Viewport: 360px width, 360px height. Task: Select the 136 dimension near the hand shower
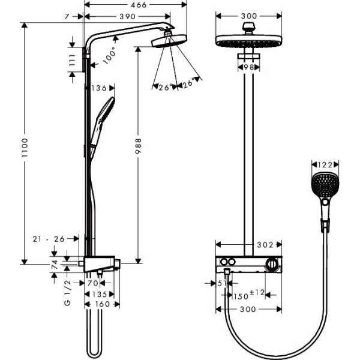point(100,88)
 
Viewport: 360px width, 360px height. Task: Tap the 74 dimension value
point(54,263)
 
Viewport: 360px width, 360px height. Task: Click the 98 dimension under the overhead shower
point(248,67)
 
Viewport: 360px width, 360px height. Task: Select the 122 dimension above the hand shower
point(325,163)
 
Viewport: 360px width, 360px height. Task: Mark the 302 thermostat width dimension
point(265,245)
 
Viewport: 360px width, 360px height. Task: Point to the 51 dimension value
point(220,283)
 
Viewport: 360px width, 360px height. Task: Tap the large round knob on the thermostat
point(274,264)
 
